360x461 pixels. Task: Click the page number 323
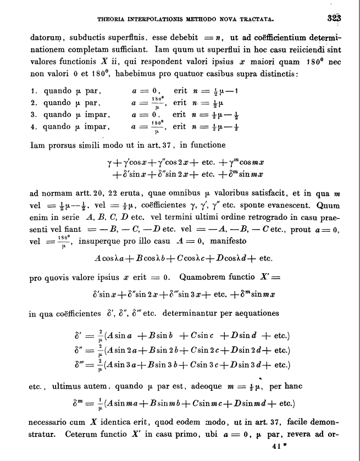[334, 18]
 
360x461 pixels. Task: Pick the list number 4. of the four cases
[33, 127]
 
